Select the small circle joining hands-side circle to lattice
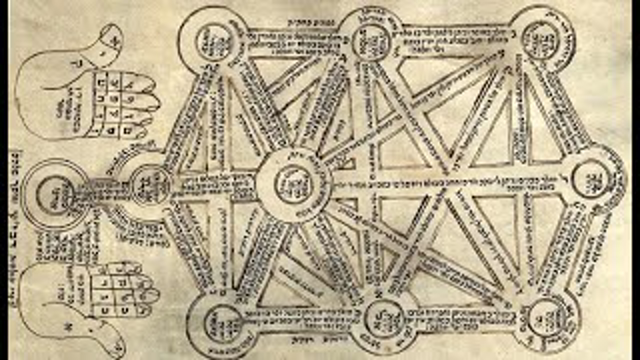pos(147,186)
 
